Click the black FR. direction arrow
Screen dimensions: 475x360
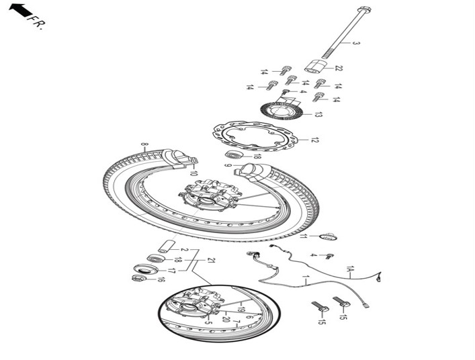pos(21,10)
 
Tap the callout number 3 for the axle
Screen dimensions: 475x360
pos(356,43)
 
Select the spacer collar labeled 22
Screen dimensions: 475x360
pos(315,66)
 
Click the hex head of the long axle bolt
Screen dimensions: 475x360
pos(364,9)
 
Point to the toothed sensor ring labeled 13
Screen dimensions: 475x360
pos(282,111)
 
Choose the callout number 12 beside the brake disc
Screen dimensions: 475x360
pos(315,140)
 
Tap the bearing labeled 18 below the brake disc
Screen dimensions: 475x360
pos(235,154)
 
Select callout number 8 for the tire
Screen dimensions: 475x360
pos(145,144)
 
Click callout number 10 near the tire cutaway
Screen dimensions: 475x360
pos(193,173)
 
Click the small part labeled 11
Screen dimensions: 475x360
pos(328,236)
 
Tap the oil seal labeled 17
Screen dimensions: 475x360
pos(146,269)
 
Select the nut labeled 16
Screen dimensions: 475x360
pos(140,277)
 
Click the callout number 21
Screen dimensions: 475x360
pos(211,260)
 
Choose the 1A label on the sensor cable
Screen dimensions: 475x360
pos(350,269)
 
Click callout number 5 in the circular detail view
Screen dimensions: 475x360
pos(208,322)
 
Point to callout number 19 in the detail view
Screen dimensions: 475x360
pos(241,310)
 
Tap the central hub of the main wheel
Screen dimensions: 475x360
pos(209,197)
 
